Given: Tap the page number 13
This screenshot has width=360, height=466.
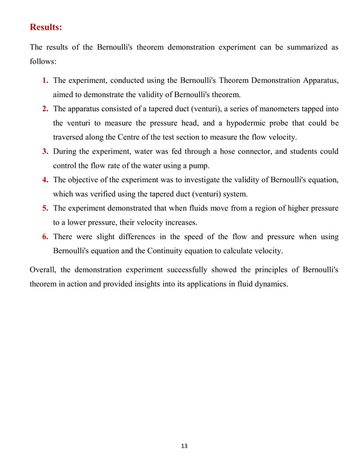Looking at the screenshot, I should (183, 446).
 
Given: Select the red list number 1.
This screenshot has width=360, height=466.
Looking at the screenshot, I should (45, 81).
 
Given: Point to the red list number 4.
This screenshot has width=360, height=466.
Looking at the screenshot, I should (45, 179).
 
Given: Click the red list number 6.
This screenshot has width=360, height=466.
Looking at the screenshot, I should (45, 236).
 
